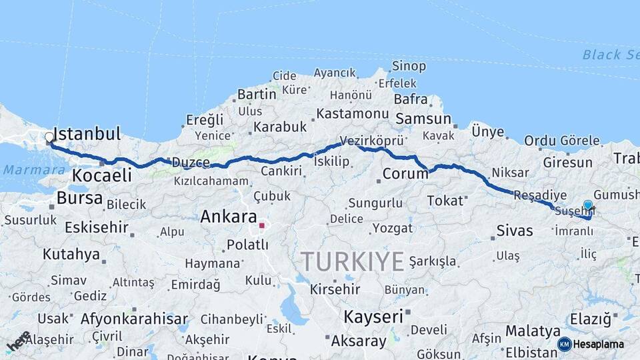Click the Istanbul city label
pos(87,133)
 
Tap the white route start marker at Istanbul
pos(49,139)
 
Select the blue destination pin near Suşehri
pos(587,206)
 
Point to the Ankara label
pos(229,217)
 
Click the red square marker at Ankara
pos(262,225)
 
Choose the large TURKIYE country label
pos(352,261)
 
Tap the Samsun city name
pos(423,119)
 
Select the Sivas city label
pos(515,231)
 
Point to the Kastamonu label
pos(352,114)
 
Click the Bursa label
pos(79,198)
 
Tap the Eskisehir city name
pos(97,227)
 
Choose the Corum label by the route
pos(405,175)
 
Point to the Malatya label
pos(533,331)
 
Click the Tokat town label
pos(444,200)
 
